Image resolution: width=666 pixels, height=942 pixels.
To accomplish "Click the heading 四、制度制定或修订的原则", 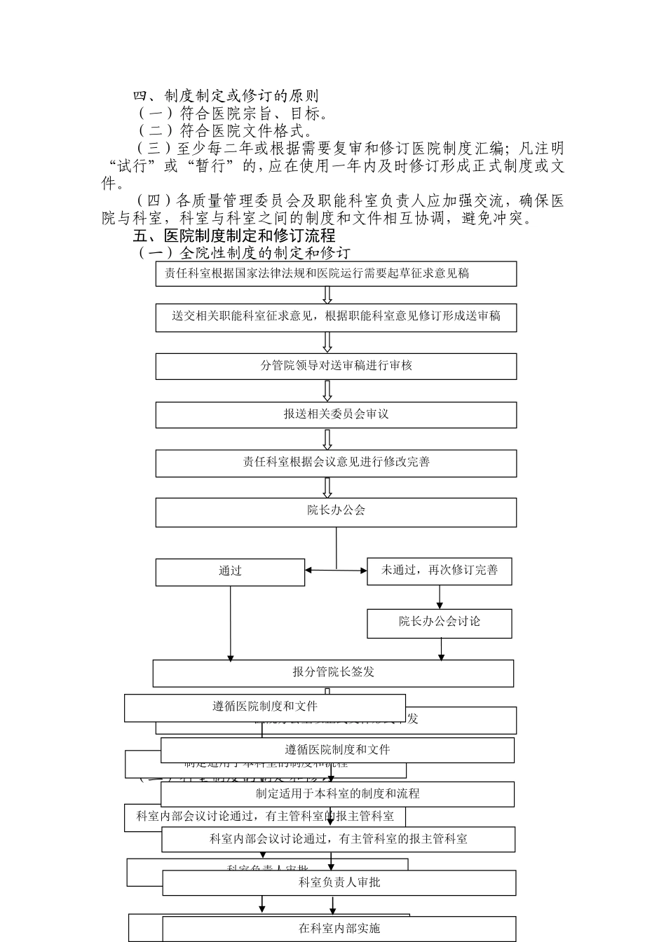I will coord(226,96).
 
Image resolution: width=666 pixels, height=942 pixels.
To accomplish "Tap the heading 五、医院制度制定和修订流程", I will coord(234,235).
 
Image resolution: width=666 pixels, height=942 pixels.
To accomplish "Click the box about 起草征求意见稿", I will coord(336,274).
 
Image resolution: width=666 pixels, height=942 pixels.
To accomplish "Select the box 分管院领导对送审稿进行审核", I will coord(336,366).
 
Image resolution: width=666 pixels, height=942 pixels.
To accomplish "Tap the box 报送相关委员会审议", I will coord(336,414).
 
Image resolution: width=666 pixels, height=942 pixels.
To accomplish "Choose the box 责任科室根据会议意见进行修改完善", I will coord(336,463).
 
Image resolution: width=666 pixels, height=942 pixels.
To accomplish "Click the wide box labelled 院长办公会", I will coord(336,512).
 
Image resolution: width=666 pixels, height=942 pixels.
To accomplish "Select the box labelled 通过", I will coord(230,572).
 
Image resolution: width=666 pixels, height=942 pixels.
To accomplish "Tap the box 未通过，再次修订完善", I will coord(440,571).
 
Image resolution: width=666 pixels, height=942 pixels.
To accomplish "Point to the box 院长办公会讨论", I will coord(440,622).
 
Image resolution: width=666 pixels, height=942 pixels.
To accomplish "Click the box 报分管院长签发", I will coord(333,673).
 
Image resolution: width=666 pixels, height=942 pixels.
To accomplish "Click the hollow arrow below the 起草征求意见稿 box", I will coord(327,295).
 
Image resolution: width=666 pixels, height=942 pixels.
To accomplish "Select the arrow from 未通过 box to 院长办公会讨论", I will coord(440,596).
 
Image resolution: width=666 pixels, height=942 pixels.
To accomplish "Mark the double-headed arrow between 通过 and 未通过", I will coord(336,571).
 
